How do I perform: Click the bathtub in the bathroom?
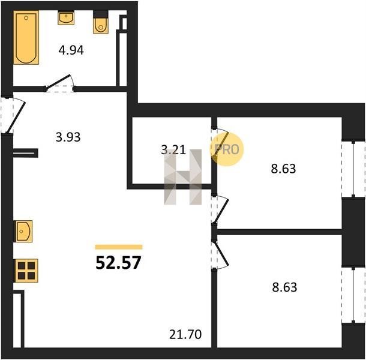[x=26, y=37]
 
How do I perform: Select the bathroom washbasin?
[x=66, y=18]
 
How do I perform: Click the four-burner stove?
[x=26, y=271]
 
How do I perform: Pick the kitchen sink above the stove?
[x=23, y=232]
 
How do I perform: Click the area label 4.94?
[x=71, y=50]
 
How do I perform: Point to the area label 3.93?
[x=68, y=137]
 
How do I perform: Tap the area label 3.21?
[x=173, y=150]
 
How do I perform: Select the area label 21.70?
[x=185, y=334]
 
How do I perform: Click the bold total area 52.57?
[x=119, y=262]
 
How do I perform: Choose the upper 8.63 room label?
[x=283, y=169]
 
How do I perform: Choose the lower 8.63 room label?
[x=284, y=287]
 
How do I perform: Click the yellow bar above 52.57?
[x=119, y=247]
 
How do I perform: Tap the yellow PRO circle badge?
[x=227, y=149]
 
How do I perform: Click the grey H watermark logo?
[x=183, y=177]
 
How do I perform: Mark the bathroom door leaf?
[x=58, y=82]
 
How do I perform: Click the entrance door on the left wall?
[x=16, y=118]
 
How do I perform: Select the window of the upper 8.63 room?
[x=353, y=169]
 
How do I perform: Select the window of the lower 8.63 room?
[x=353, y=296]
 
